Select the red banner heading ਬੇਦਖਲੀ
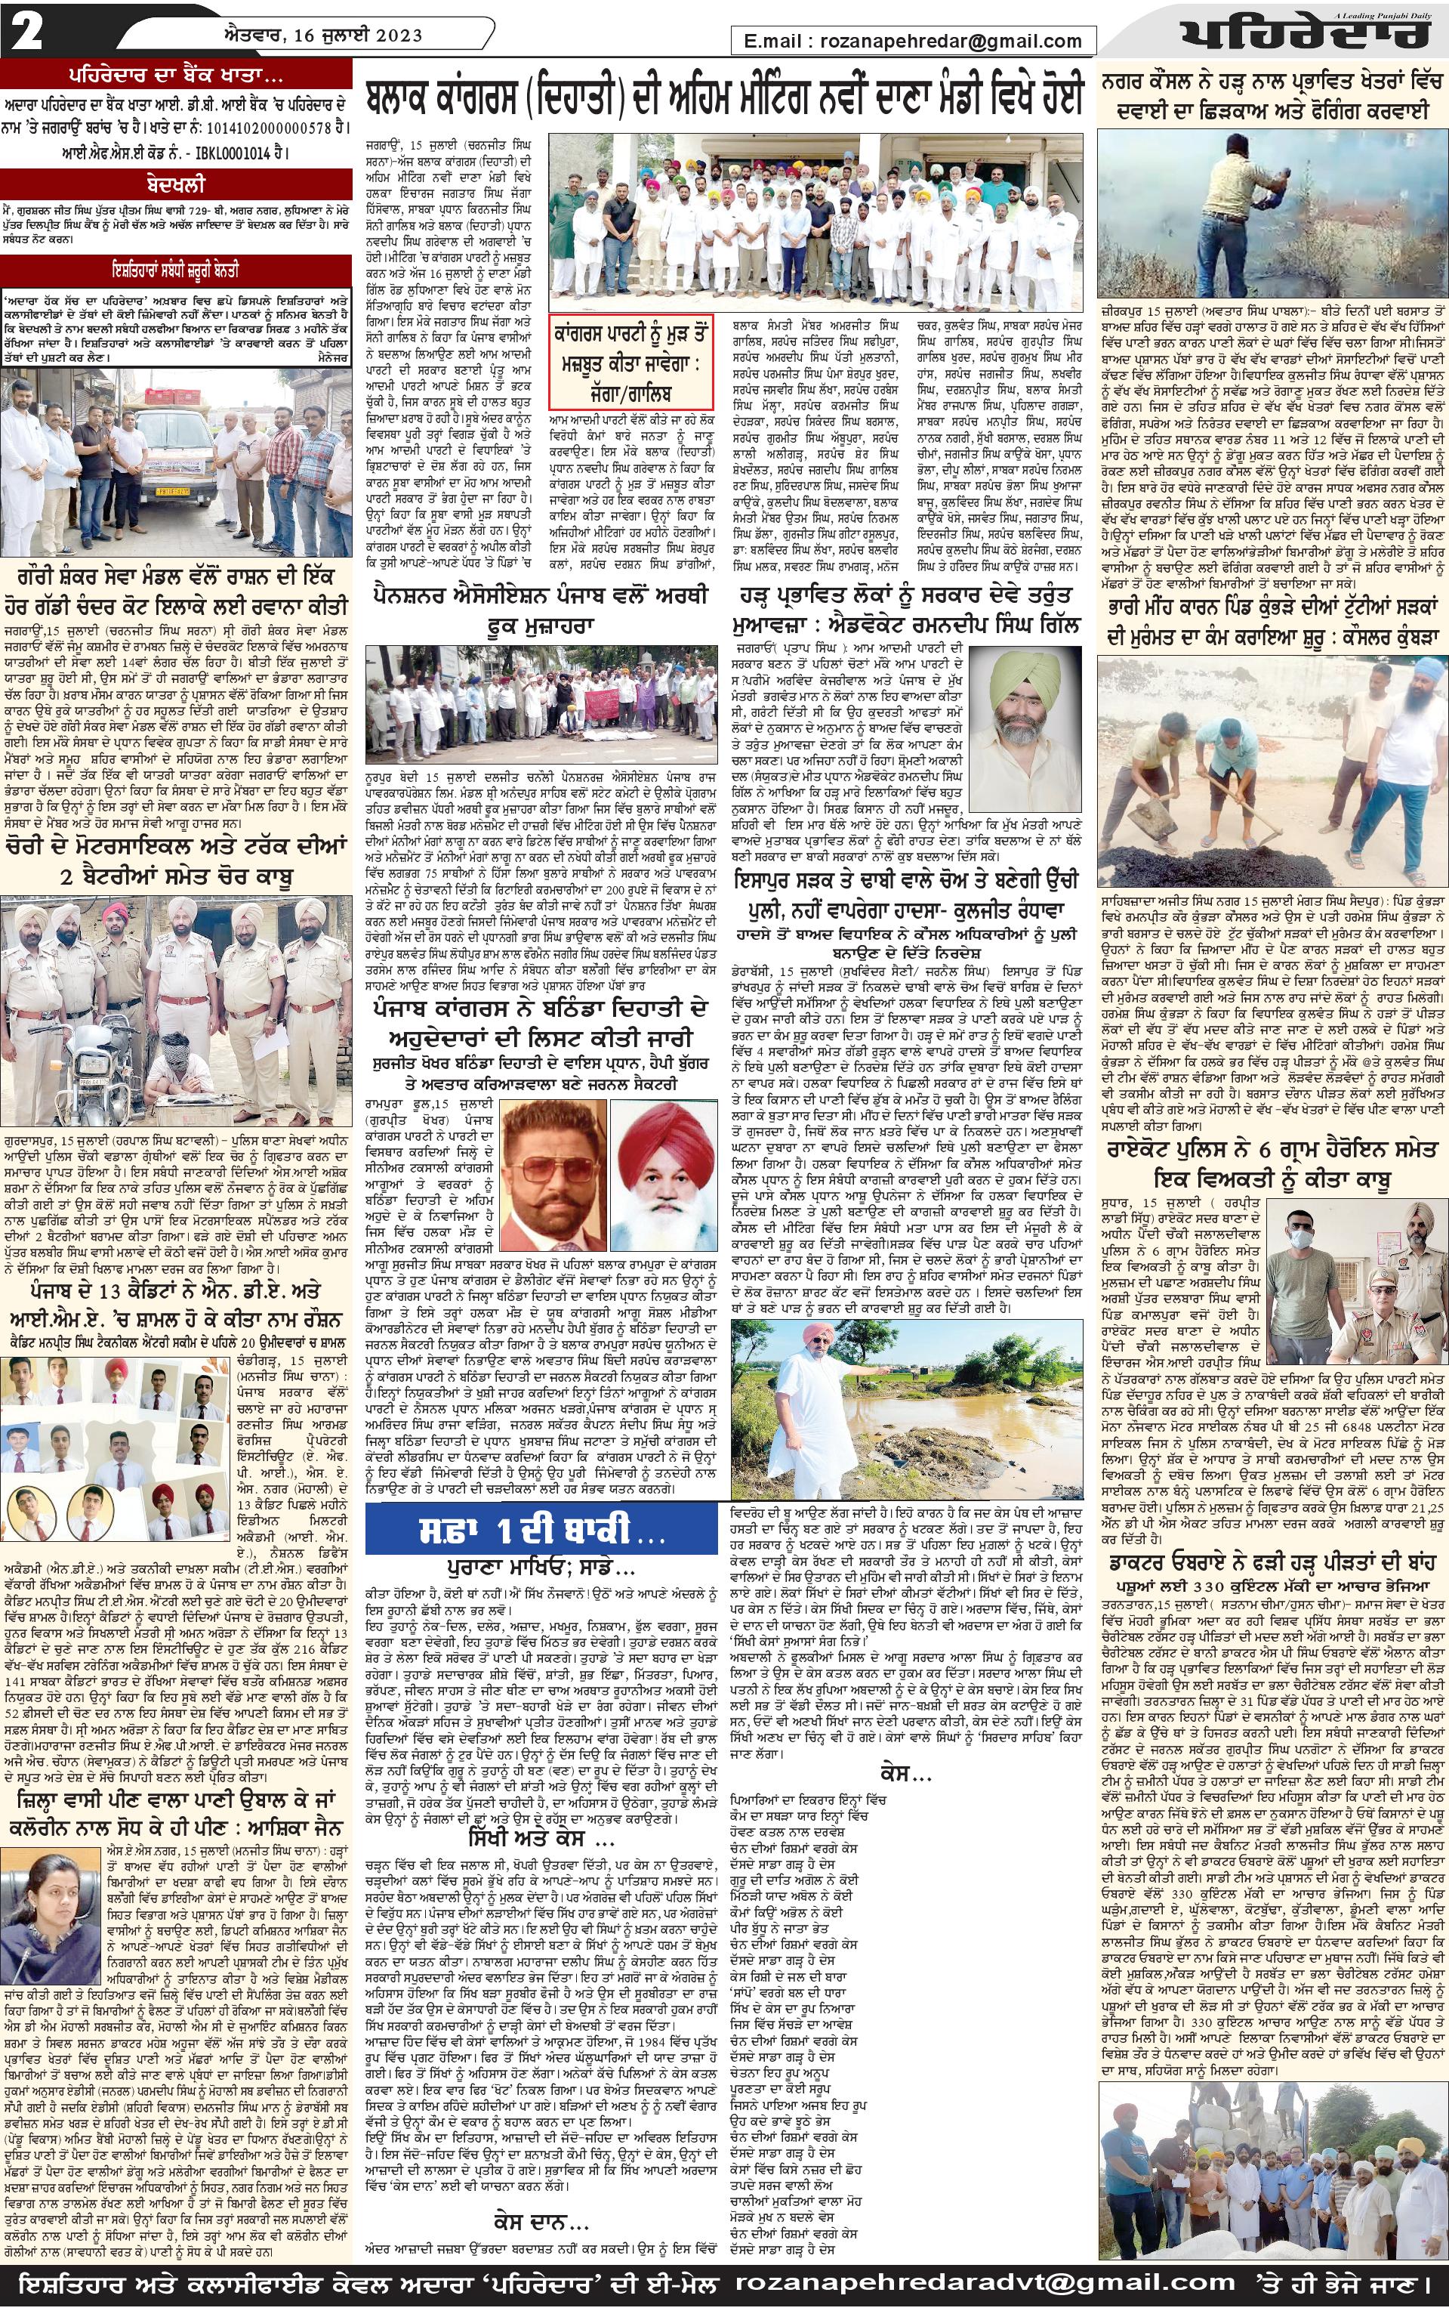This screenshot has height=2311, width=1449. [x=178, y=182]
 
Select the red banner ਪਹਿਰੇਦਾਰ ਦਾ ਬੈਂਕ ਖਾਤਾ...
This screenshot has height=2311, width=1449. [x=178, y=77]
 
